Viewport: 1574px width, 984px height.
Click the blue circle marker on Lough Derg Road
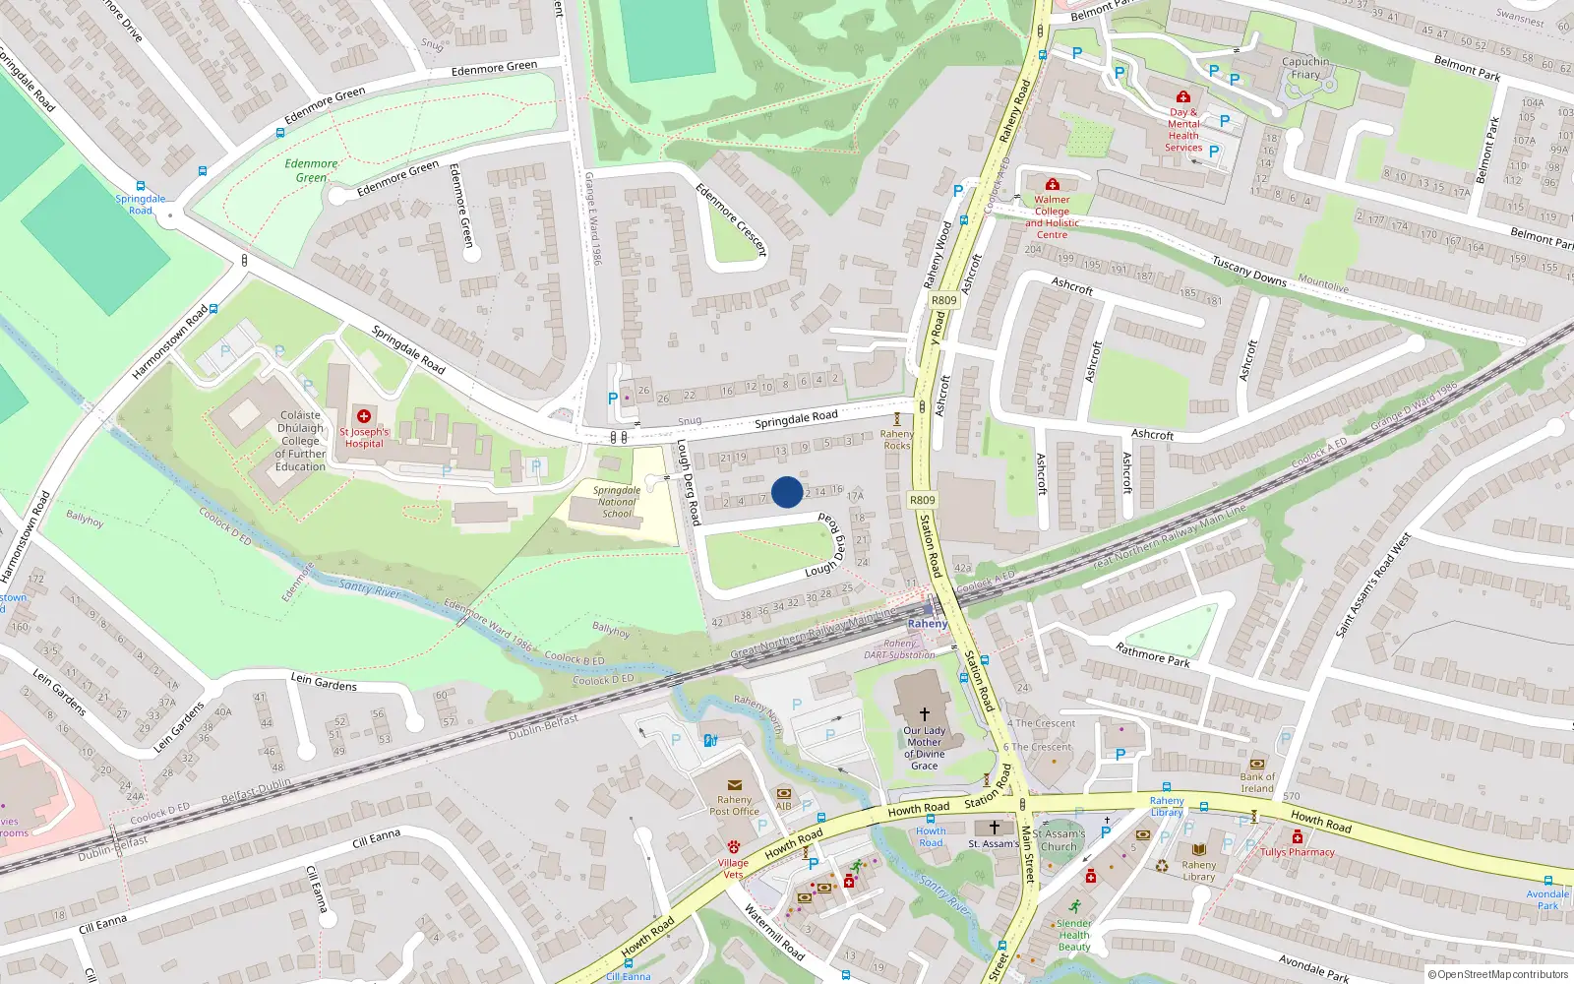click(x=787, y=492)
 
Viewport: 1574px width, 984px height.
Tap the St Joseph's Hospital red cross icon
click(x=364, y=416)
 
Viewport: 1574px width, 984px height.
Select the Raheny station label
click(x=927, y=624)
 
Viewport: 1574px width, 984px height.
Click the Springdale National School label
click(x=617, y=502)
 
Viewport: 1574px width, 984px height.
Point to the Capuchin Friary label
click(x=1305, y=68)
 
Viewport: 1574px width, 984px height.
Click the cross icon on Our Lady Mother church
click(x=924, y=713)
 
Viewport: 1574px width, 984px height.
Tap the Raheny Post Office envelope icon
click(x=734, y=786)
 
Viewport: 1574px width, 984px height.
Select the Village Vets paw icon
click(x=733, y=846)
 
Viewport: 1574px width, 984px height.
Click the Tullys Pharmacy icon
click(x=1297, y=837)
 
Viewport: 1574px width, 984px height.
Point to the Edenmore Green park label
click(x=311, y=171)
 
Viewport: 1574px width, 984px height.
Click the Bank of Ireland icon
click(x=1256, y=764)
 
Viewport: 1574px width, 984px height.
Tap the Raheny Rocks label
click(x=896, y=439)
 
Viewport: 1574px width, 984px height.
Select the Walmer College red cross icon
click(x=1052, y=184)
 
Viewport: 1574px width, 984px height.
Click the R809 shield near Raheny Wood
click(x=943, y=300)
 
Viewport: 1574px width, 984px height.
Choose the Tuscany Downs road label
click(x=1248, y=272)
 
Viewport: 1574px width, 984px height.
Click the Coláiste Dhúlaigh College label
click(x=300, y=441)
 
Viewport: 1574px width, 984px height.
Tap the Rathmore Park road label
click(x=1152, y=655)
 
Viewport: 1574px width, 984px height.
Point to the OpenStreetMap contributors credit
click(x=1498, y=974)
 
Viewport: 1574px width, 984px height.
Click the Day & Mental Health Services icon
click(x=1183, y=96)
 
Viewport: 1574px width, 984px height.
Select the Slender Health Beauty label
click(x=1074, y=935)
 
